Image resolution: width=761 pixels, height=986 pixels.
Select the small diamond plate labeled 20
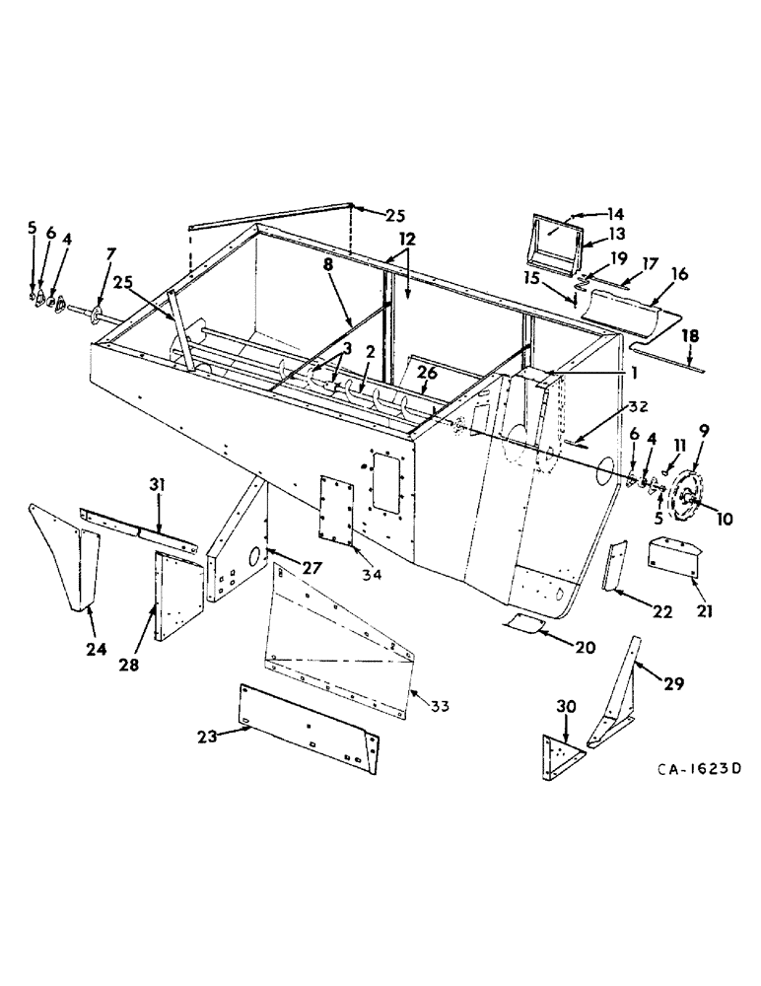(526, 621)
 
